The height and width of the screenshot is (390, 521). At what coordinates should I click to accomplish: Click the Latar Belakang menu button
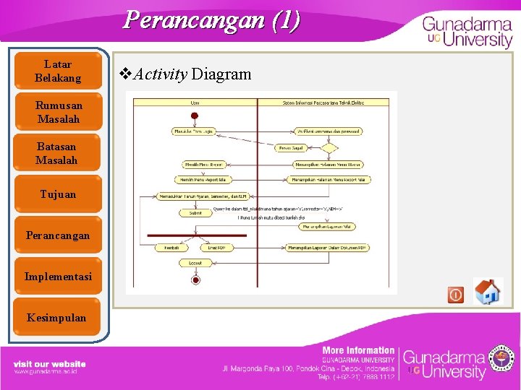click(58, 71)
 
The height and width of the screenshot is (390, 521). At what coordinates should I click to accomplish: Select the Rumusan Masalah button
click(58, 112)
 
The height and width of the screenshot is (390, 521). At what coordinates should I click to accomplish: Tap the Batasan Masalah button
click(58, 153)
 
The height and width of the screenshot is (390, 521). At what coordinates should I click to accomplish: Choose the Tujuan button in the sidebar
click(58, 194)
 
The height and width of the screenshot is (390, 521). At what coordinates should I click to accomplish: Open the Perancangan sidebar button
click(58, 235)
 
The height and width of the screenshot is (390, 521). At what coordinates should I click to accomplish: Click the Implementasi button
click(58, 277)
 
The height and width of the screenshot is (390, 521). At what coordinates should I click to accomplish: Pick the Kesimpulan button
click(58, 318)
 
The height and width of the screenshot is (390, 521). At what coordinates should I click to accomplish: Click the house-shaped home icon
click(488, 292)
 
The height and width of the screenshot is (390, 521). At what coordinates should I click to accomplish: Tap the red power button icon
click(456, 295)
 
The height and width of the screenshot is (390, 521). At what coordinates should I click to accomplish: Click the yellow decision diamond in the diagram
click(329, 148)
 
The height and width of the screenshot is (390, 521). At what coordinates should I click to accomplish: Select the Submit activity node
click(195, 213)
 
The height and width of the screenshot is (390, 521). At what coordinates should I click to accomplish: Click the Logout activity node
click(195, 263)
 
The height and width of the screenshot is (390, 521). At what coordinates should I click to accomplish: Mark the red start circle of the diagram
click(195, 116)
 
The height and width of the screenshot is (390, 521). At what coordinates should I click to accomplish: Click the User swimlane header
click(195, 103)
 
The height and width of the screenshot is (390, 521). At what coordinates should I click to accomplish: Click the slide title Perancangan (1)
click(211, 19)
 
